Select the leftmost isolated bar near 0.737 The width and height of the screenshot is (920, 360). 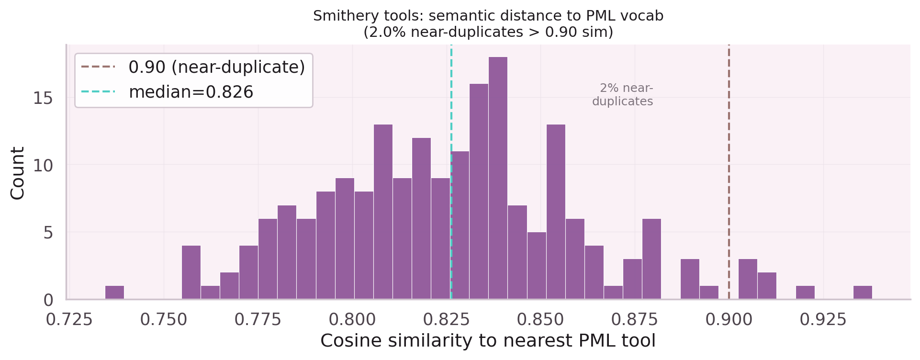[114, 292]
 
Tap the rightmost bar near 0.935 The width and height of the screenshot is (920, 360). [863, 292]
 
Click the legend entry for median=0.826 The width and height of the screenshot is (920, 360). [191, 92]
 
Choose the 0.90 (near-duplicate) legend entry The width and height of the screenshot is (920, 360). [216, 67]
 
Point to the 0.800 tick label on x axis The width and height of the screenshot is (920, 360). [352, 320]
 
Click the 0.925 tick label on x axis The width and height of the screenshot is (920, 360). [823, 320]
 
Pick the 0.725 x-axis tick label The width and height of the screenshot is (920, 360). [69, 320]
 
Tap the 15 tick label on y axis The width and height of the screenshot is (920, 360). [43, 98]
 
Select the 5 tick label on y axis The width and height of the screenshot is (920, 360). [48, 233]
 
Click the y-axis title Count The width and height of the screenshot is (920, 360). [18, 173]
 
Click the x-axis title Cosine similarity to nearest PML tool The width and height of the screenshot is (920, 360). [488, 341]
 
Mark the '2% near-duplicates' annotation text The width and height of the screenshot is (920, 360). [622, 95]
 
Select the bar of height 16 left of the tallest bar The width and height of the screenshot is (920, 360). [479, 191]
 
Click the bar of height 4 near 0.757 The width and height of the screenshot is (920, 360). [191, 272]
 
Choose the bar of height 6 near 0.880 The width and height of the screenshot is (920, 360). [651, 259]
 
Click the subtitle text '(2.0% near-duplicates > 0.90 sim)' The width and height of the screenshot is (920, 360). [488, 33]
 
